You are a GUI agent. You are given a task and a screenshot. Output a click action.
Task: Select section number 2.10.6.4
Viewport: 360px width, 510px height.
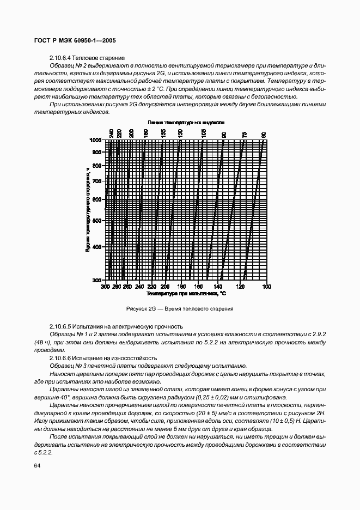click(x=63, y=58)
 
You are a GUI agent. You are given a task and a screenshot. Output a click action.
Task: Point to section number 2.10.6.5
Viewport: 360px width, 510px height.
click(x=63, y=326)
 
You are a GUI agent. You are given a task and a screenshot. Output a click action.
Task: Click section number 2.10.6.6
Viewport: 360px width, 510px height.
click(x=63, y=357)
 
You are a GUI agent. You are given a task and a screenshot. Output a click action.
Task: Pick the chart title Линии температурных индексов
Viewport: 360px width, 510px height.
click(x=186, y=123)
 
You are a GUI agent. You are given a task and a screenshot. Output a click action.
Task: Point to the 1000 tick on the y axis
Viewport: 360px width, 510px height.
click(x=96, y=140)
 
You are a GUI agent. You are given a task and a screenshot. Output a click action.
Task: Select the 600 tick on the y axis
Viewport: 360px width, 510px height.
click(x=97, y=200)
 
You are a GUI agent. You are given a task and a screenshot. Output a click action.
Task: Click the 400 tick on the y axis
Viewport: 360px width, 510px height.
click(x=97, y=247)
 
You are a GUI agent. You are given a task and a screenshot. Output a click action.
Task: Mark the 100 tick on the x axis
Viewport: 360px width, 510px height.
click(x=266, y=286)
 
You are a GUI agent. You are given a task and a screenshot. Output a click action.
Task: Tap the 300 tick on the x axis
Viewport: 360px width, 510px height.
click(x=105, y=286)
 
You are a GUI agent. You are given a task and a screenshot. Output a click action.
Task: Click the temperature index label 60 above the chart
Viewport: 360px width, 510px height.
click(x=264, y=134)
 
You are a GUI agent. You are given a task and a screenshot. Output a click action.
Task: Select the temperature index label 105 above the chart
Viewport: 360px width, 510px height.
click(x=203, y=133)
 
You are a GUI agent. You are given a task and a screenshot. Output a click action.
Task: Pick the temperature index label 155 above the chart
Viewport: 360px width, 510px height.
click(x=162, y=133)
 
